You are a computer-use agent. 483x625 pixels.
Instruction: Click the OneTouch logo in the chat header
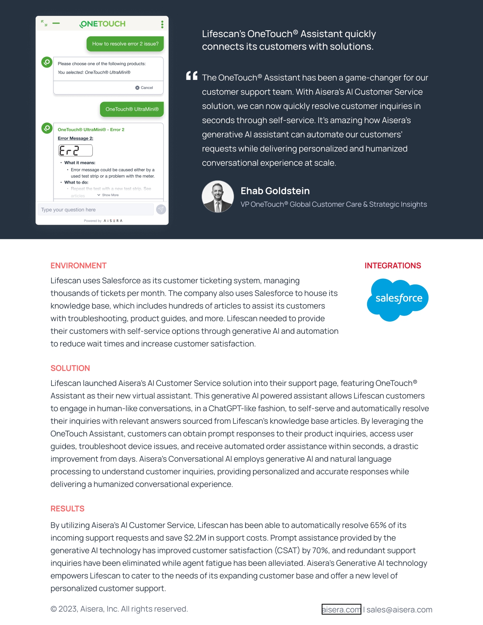tap(103, 24)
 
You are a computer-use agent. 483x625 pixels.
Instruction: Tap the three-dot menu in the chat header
tap(162, 24)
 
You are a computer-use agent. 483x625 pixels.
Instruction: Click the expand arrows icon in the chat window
tap(44, 23)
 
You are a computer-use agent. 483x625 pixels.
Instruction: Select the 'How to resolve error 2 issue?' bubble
tap(125, 44)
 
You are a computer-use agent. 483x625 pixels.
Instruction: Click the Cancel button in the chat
tap(144, 87)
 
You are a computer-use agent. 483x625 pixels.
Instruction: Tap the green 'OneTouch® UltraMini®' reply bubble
tap(132, 109)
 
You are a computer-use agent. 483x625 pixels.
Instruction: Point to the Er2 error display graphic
tap(75, 151)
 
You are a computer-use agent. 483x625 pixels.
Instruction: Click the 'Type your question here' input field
tap(95, 209)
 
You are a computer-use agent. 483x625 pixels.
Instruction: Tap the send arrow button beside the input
tap(161, 209)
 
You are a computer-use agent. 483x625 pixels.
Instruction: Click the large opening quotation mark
tap(192, 76)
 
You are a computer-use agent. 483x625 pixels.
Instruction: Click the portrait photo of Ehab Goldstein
tap(218, 196)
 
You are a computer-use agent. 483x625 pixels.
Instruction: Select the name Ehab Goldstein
tap(275, 191)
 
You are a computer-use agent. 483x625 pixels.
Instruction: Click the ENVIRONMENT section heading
tap(78, 266)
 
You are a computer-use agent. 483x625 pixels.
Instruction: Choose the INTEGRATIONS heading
tap(392, 266)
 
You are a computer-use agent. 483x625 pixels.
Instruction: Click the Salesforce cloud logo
tap(398, 299)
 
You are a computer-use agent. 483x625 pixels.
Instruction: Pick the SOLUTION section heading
tap(70, 368)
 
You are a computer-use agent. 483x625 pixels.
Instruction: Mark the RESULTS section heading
tap(67, 509)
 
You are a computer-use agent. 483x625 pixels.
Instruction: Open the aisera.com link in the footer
tap(341, 609)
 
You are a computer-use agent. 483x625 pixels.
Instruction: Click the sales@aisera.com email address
tap(399, 609)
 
